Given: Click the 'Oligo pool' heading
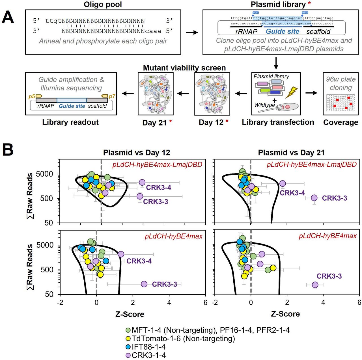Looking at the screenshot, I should (x=103, y=5).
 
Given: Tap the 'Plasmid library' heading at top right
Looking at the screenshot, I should (x=278, y=5).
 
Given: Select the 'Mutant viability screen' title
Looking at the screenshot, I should (x=184, y=68).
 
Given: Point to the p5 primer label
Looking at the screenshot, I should (x=32, y=96).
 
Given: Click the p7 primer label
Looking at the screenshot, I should (x=112, y=96).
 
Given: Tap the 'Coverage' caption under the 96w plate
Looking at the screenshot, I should (x=341, y=122).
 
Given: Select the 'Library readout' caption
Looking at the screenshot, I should (x=70, y=122).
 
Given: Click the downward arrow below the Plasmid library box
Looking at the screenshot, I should (x=276, y=63).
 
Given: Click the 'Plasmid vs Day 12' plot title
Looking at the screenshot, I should (x=137, y=153).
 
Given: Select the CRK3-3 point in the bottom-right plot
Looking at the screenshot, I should (x=315, y=285).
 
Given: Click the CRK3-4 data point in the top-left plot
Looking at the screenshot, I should (x=142, y=183).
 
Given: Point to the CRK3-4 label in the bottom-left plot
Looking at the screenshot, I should (x=139, y=261).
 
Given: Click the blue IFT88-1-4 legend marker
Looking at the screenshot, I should (x=128, y=347).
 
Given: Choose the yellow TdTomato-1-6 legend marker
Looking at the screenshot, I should (x=128, y=339).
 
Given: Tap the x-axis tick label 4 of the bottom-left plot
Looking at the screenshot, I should (x=169, y=303).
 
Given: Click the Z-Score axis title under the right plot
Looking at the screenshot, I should (x=285, y=314).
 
